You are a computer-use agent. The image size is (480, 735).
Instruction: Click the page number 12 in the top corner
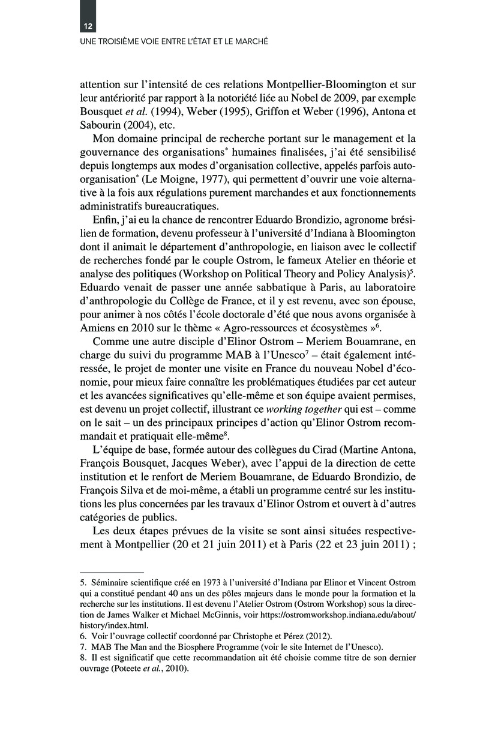(87, 27)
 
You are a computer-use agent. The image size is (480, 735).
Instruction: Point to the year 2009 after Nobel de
(332, 98)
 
